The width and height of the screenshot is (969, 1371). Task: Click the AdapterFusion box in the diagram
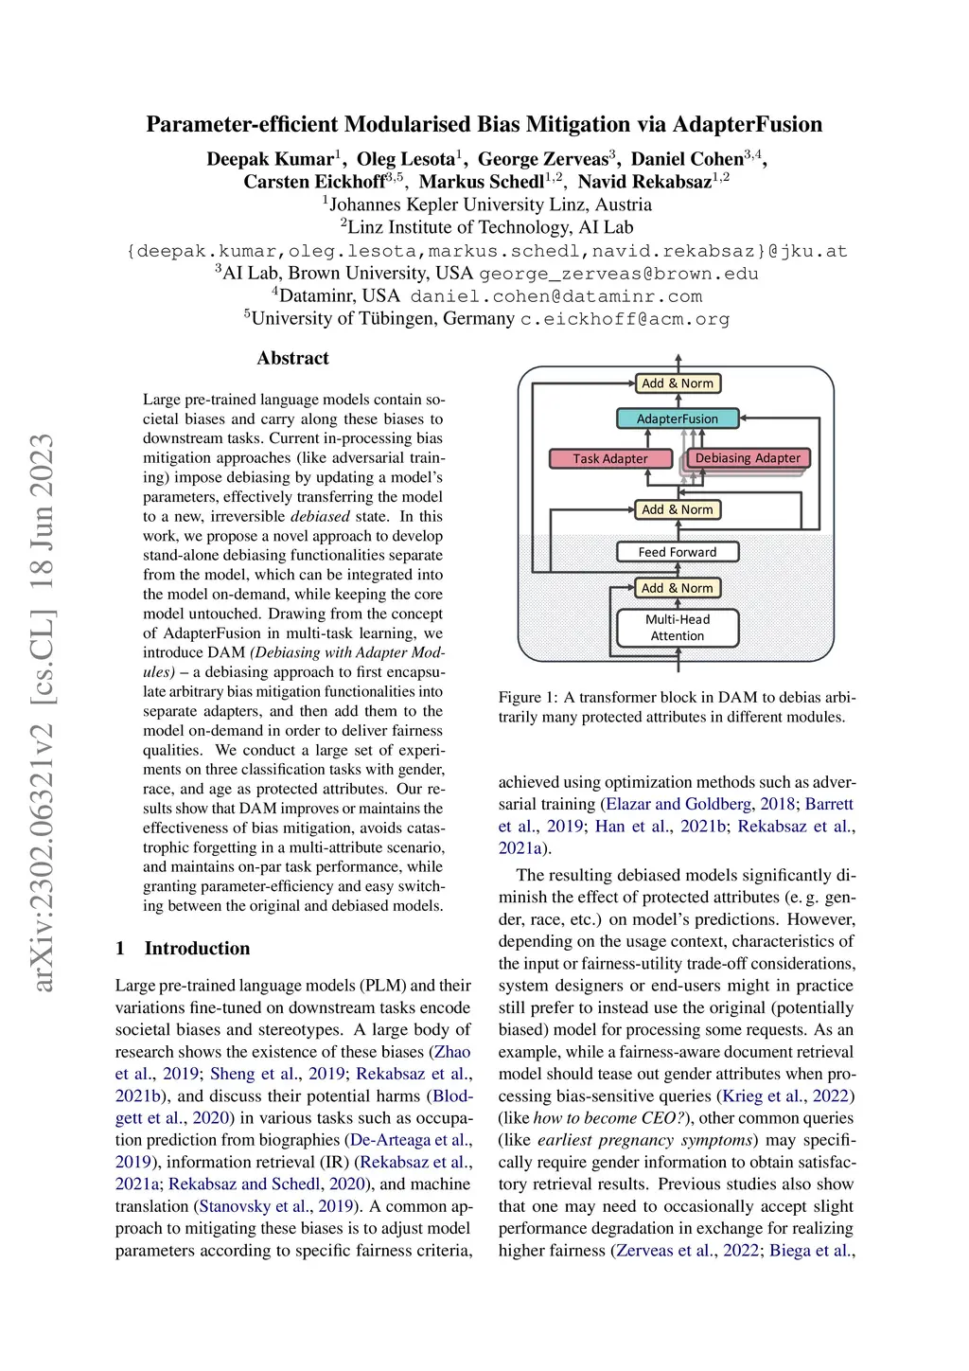pyautogui.click(x=678, y=418)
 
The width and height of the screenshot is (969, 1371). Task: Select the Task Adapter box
pyautogui.click(x=610, y=458)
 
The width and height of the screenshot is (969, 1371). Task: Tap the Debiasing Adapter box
pyautogui.click(x=748, y=457)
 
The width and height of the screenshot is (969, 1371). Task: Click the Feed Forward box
pyautogui.click(x=678, y=552)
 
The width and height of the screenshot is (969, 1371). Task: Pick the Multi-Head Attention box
pyautogui.click(x=678, y=628)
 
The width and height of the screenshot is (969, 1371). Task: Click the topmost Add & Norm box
pyautogui.click(x=678, y=383)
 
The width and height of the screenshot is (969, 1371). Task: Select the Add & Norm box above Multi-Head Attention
pyautogui.click(x=678, y=588)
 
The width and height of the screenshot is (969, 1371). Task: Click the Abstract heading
pyautogui.click(x=293, y=358)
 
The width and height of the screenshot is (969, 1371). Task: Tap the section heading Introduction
pyautogui.click(x=197, y=948)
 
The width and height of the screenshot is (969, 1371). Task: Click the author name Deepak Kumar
pyautogui.click(x=270, y=159)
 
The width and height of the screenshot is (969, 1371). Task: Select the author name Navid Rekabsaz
pyautogui.click(x=644, y=182)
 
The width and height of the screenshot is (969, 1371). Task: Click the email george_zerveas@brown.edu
pyautogui.click(x=619, y=274)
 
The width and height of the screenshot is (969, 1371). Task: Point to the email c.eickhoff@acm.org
pyautogui.click(x=625, y=319)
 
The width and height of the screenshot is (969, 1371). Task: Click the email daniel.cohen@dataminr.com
pyautogui.click(x=555, y=296)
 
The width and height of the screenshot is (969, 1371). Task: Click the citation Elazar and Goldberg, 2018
pyautogui.click(x=699, y=804)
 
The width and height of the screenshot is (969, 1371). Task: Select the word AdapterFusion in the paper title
pyautogui.click(x=748, y=124)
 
